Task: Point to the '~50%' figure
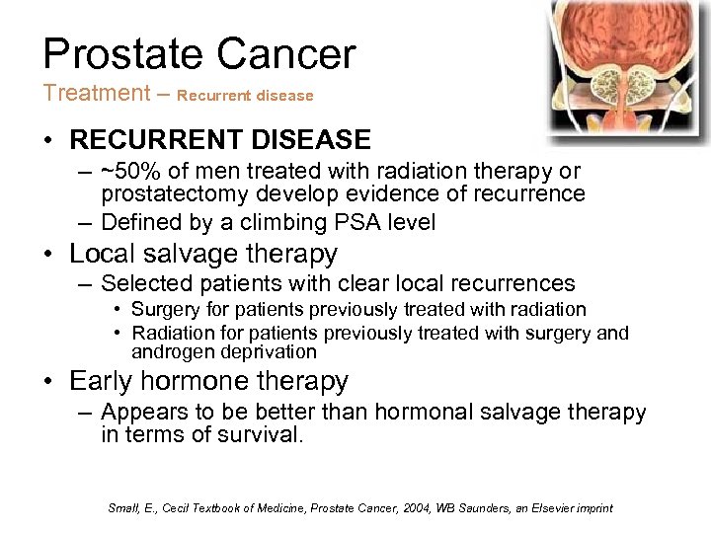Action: pos(134,172)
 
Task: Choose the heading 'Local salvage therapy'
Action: pos(202,254)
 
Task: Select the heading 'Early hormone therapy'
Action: pos(208,381)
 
